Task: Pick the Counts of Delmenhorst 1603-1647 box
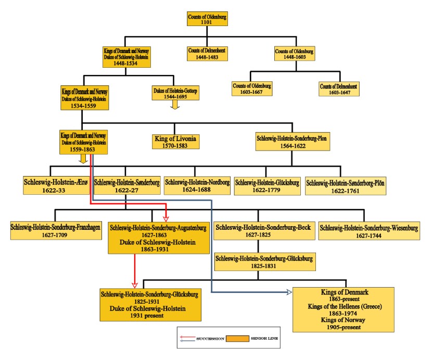339,88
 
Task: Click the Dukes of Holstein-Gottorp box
174,93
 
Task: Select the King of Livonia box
176,141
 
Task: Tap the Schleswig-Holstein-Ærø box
55,185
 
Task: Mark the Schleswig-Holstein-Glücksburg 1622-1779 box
267,185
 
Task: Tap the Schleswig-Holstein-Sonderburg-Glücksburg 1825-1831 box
264,262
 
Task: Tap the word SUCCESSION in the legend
210,339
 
